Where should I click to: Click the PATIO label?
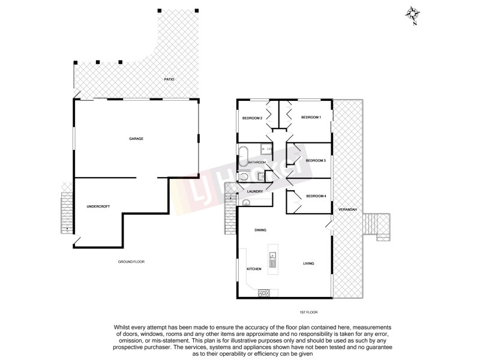(170, 79)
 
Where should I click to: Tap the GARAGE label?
(136, 139)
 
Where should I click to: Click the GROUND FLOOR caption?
(131, 262)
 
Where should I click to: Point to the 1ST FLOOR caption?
(308, 313)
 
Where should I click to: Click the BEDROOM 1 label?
(311, 117)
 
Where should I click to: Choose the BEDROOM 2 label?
(253, 118)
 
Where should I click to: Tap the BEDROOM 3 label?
(316, 161)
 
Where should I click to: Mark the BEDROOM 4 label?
(316, 196)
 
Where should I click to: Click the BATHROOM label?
(257, 162)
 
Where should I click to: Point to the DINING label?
(260, 230)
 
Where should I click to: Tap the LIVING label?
(308, 264)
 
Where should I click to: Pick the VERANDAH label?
(348, 209)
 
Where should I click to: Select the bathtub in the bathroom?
(244, 156)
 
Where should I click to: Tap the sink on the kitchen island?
(274, 260)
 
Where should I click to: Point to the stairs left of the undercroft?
(67, 213)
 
